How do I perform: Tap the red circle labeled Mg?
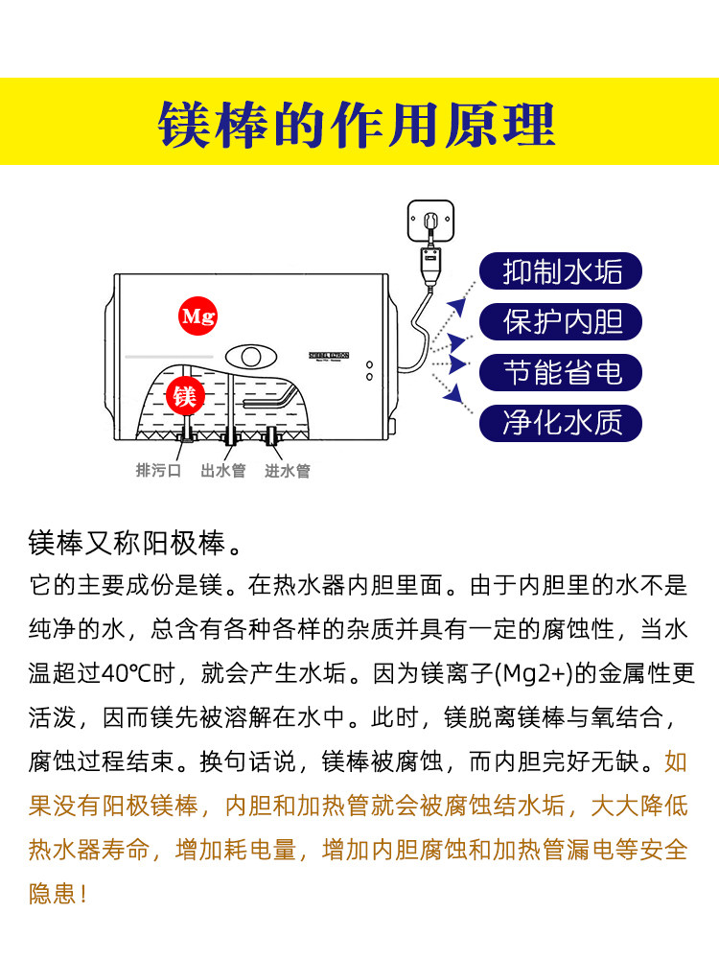tap(198, 316)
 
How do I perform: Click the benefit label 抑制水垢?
tap(563, 271)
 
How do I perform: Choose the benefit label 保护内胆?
tap(563, 321)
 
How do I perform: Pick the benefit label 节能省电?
tap(563, 371)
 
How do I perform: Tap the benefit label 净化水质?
tap(563, 422)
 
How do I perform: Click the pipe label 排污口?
tap(158, 471)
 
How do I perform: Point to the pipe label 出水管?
tap(222, 471)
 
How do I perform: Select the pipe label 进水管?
tap(288, 471)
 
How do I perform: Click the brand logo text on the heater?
tap(329, 355)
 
